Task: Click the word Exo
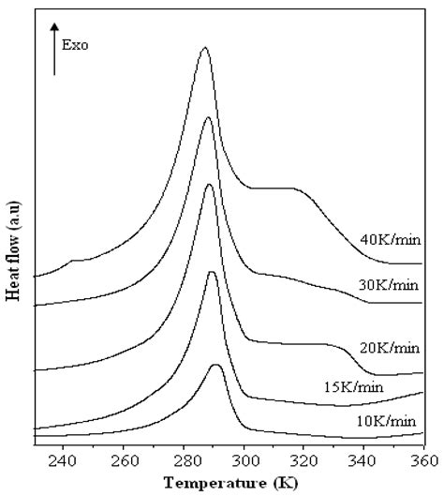pos(75,44)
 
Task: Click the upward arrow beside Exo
pos(54,52)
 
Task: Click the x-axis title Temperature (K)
pos(229,484)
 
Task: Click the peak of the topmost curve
pos(204,48)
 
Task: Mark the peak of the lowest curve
pos(216,366)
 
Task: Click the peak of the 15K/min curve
pos(212,273)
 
